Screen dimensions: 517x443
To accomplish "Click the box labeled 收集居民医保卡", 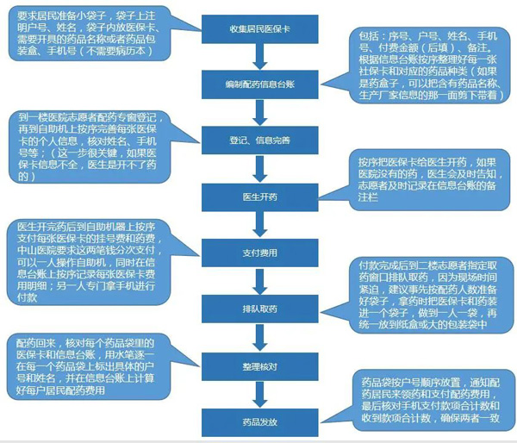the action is point(260,29).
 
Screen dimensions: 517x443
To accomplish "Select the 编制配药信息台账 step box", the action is point(260,84).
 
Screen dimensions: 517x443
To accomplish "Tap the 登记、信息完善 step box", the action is point(260,140).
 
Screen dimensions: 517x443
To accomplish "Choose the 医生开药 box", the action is point(260,197).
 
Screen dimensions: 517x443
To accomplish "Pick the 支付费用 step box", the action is point(260,253).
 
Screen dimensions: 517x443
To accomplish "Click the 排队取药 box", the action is point(260,309).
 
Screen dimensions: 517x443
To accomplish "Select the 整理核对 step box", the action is point(260,366).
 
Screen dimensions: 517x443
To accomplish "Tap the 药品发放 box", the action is point(260,422).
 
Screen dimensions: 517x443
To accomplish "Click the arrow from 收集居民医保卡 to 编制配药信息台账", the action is point(260,57).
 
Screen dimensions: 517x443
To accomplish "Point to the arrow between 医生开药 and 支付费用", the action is point(260,225).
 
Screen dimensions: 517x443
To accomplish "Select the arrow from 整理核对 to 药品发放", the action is point(260,395).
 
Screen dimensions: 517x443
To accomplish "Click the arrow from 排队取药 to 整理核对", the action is point(260,338).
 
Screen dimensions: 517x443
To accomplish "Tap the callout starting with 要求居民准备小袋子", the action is point(89,33).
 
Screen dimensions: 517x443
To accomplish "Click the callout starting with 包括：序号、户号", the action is point(428,66).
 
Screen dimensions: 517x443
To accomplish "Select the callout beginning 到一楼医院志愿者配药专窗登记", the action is point(90,147).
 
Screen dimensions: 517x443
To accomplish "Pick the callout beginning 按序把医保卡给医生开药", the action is point(428,179).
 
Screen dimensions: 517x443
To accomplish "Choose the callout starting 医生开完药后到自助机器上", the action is point(89,262).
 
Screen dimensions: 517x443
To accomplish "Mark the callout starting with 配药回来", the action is point(89,366).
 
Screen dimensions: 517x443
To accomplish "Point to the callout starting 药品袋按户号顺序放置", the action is point(433,400).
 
